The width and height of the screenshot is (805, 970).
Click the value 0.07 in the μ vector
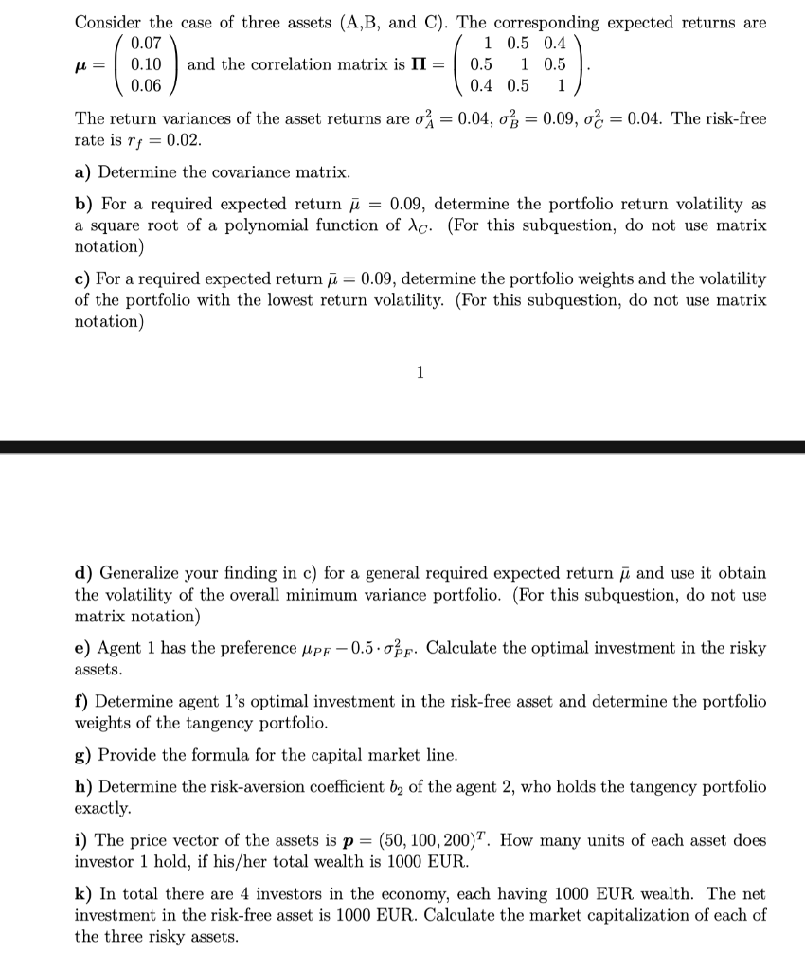(146, 43)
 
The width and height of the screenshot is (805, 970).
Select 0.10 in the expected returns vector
(146, 64)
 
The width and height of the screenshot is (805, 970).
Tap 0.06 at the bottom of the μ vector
(146, 86)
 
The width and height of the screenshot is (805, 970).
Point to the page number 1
(420, 372)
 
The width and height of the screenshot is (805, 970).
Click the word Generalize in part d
(141, 574)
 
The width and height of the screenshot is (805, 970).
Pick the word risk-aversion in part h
(240, 787)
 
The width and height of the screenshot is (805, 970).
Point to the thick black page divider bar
(402, 444)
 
